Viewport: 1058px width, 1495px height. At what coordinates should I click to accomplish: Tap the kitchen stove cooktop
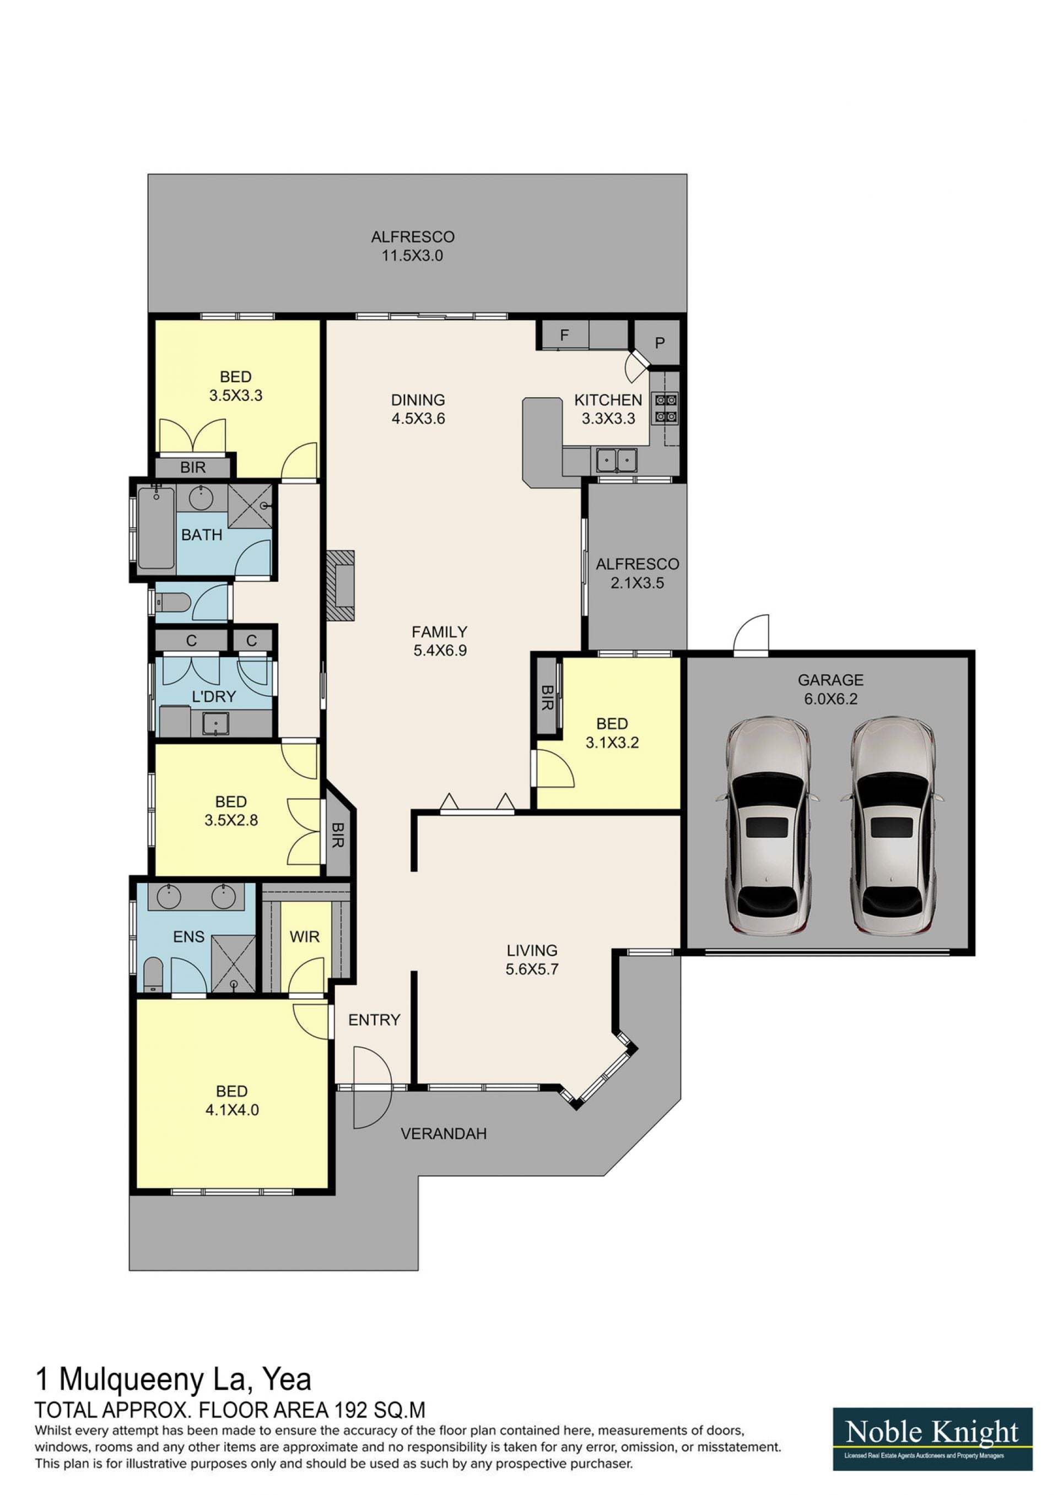pos(666,408)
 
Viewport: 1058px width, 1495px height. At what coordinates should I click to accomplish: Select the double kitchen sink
pos(616,461)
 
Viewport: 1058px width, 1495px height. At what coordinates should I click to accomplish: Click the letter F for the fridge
pos(564,335)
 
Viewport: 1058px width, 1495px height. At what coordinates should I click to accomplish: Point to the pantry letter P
pos(660,343)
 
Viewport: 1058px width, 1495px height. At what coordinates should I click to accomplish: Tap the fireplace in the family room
pos(341,586)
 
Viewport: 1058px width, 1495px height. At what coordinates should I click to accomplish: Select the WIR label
pos(304,937)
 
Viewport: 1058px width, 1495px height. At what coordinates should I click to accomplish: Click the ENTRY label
pos(374,1020)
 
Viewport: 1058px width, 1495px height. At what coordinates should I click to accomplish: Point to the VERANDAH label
pos(444,1134)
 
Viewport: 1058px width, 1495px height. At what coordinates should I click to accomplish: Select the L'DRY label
pos(214,697)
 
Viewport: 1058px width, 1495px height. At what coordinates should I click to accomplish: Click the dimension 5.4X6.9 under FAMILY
pos(440,650)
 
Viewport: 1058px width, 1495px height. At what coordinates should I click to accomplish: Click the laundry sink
pos(214,723)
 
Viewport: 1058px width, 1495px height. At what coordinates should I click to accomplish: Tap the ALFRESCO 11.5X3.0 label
pos(412,246)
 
